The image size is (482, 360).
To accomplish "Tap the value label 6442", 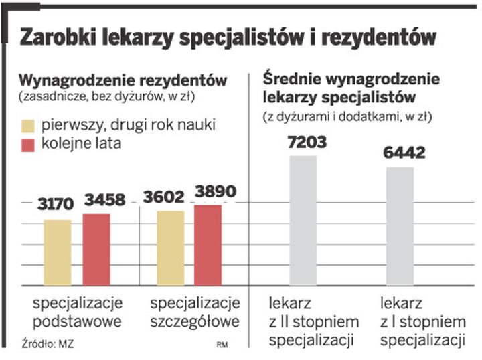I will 404,153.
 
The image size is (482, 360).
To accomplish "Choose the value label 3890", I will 214,192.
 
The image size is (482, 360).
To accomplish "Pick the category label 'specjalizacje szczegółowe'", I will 194,312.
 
